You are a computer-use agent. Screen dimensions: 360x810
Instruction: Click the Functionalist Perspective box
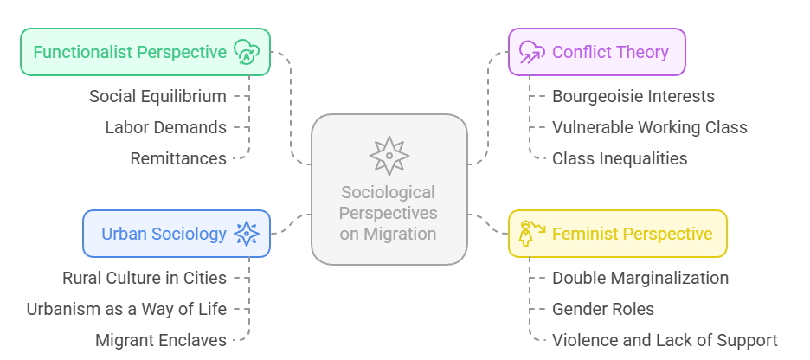145,52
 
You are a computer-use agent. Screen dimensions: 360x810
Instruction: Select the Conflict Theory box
596,52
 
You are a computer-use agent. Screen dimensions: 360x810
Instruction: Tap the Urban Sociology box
177,234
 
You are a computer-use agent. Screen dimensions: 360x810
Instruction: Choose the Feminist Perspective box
617,234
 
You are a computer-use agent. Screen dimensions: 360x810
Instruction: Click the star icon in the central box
389,156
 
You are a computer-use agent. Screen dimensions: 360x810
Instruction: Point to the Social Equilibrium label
157,96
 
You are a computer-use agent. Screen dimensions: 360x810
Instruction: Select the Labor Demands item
166,127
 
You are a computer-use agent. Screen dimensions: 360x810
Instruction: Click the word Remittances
178,158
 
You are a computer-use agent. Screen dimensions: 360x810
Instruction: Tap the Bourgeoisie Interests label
633,96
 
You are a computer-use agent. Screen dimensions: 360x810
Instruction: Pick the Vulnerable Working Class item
650,127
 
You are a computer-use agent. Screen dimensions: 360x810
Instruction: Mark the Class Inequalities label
620,158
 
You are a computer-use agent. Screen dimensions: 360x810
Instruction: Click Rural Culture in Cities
145,278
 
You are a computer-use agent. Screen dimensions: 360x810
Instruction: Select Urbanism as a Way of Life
126,309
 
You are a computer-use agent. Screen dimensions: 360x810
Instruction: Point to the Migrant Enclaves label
161,340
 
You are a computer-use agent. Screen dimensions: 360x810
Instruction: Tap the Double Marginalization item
640,278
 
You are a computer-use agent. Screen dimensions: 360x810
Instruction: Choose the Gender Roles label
603,309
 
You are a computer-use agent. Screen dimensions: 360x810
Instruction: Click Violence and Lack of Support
665,340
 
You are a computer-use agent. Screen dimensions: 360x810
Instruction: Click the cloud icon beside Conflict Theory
531,52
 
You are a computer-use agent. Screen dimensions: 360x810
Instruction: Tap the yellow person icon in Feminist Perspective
529,233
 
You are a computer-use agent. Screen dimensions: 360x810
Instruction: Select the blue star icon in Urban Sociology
247,234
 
